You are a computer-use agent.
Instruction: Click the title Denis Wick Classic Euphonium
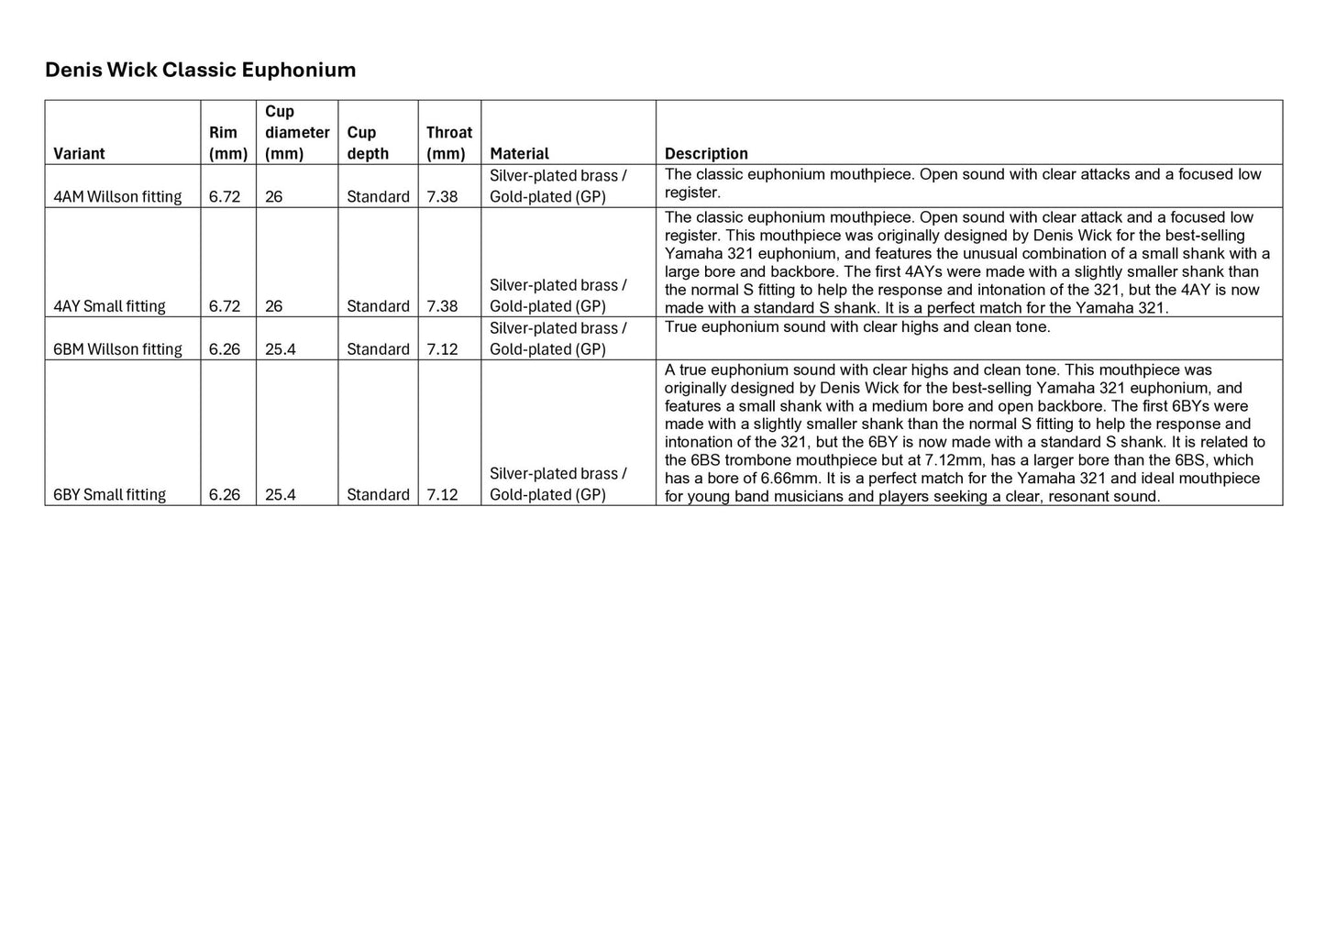(x=200, y=70)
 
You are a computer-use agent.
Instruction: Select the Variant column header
(x=79, y=153)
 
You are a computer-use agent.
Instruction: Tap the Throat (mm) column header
(x=448, y=143)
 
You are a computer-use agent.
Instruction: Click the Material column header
(x=519, y=153)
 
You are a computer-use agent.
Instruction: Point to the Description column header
(x=706, y=153)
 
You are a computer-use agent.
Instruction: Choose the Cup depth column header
(x=367, y=143)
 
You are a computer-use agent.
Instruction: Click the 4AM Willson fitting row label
(x=117, y=196)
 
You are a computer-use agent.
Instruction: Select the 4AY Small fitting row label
(x=109, y=306)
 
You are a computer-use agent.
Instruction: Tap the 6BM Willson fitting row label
(x=117, y=349)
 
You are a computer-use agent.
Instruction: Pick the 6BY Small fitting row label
(x=109, y=495)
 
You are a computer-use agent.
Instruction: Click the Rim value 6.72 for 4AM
(x=225, y=196)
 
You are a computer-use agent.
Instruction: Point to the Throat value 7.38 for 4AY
(x=442, y=306)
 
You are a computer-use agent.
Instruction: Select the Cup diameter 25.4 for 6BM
(x=281, y=349)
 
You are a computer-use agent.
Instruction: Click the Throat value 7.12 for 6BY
(x=442, y=495)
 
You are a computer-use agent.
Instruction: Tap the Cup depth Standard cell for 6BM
(x=378, y=349)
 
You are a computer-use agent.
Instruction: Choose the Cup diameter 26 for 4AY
(x=273, y=306)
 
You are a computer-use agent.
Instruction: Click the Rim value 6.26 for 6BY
(x=225, y=495)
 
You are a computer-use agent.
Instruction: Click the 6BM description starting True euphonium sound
(x=857, y=327)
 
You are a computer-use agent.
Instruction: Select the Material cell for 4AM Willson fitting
(x=558, y=186)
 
